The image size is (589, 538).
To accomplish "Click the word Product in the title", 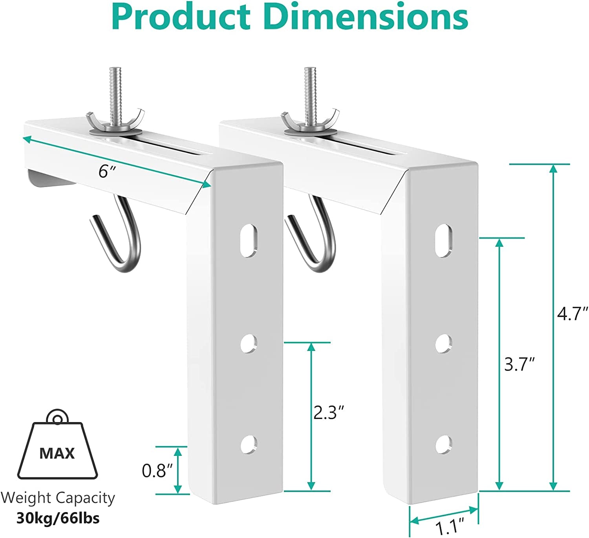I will click(181, 17).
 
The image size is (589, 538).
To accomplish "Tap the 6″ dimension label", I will click(105, 171).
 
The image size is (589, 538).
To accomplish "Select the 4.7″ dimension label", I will click(573, 314).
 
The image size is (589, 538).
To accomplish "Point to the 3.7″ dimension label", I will click(519, 365).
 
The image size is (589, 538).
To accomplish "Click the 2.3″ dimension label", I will click(329, 413).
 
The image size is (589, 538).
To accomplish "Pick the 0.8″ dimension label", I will click(157, 470).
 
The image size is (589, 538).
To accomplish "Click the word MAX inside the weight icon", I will click(57, 454).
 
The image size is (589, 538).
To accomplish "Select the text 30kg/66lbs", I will click(58, 518).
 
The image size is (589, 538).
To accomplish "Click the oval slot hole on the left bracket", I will click(249, 240).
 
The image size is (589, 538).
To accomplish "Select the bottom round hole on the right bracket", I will click(444, 444).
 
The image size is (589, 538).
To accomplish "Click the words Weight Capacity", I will click(58, 498).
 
